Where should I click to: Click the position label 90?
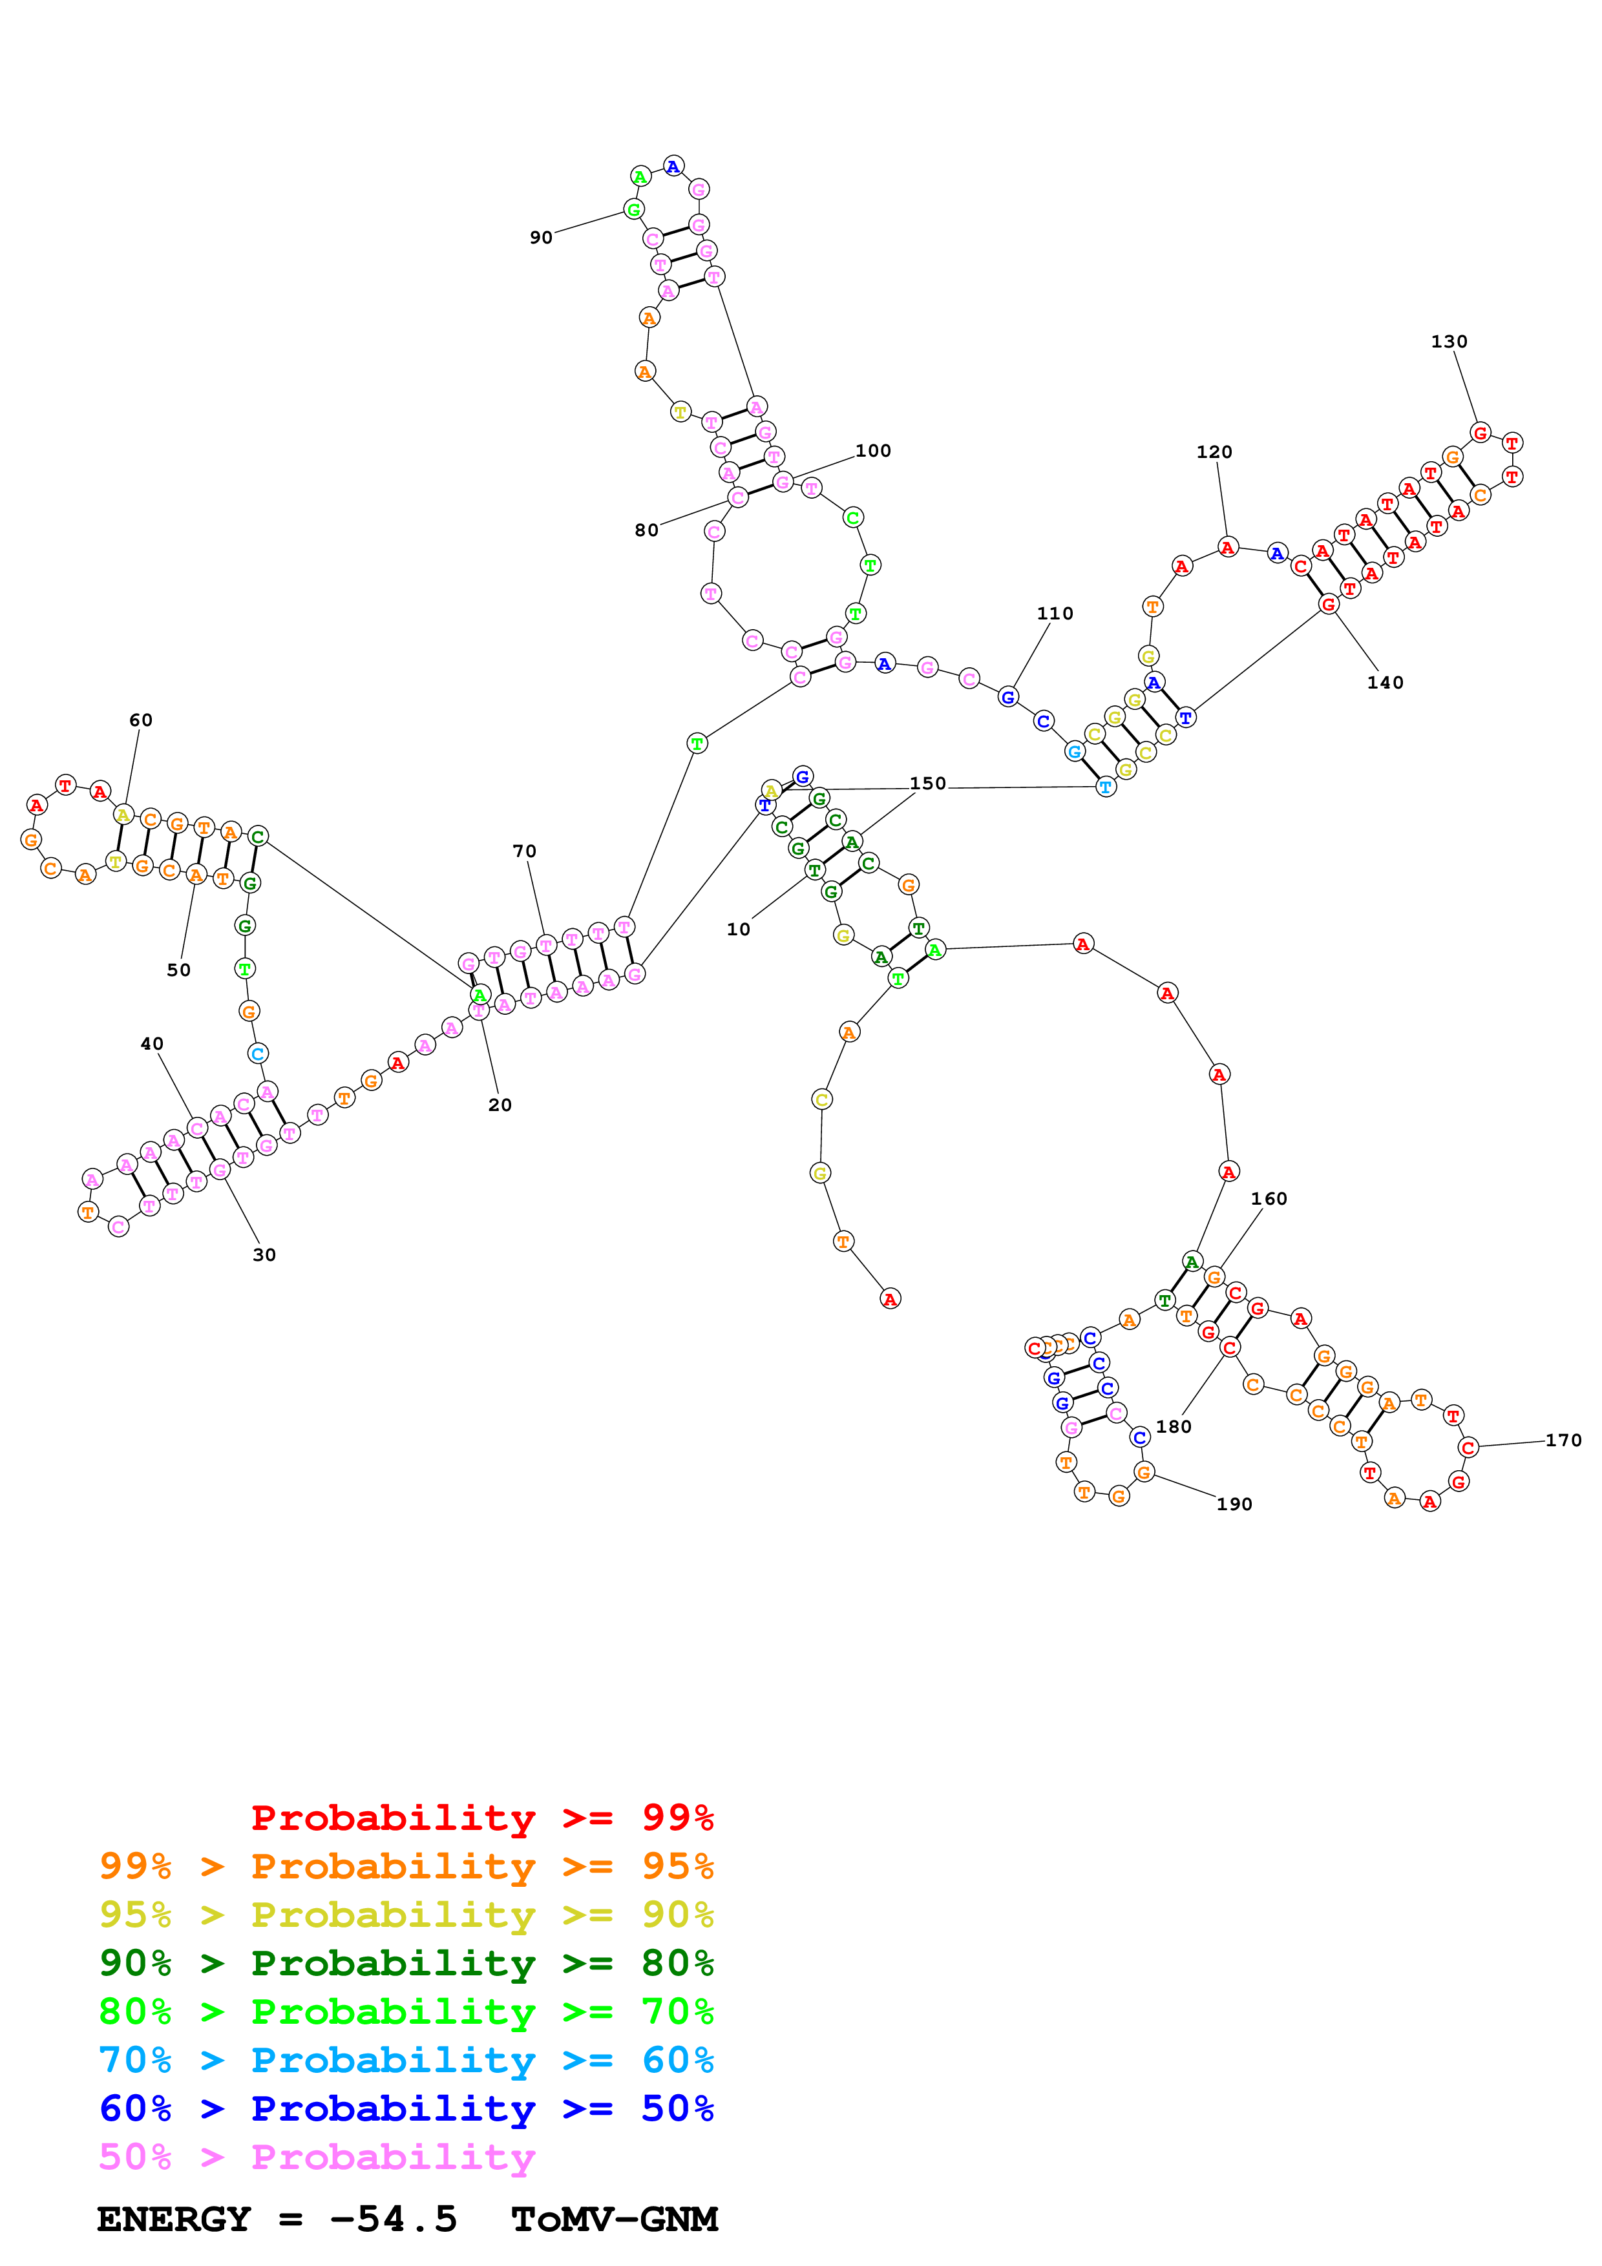click(541, 238)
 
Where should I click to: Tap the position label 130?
click(1448, 342)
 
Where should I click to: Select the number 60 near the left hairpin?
click(141, 720)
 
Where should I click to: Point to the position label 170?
click(1563, 1440)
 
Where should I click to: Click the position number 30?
click(264, 1254)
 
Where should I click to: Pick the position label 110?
click(1054, 613)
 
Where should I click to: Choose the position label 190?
click(1234, 1504)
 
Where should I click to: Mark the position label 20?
click(500, 1105)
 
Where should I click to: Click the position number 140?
click(1385, 682)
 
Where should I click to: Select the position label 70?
click(524, 851)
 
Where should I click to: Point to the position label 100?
click(872, 451)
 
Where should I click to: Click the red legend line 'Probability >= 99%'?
click(481, 1817)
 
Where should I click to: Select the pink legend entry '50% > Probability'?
click(316, 2156)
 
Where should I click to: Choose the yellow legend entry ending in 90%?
click(406, 1914)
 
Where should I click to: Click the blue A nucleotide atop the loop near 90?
click(673, 166)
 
